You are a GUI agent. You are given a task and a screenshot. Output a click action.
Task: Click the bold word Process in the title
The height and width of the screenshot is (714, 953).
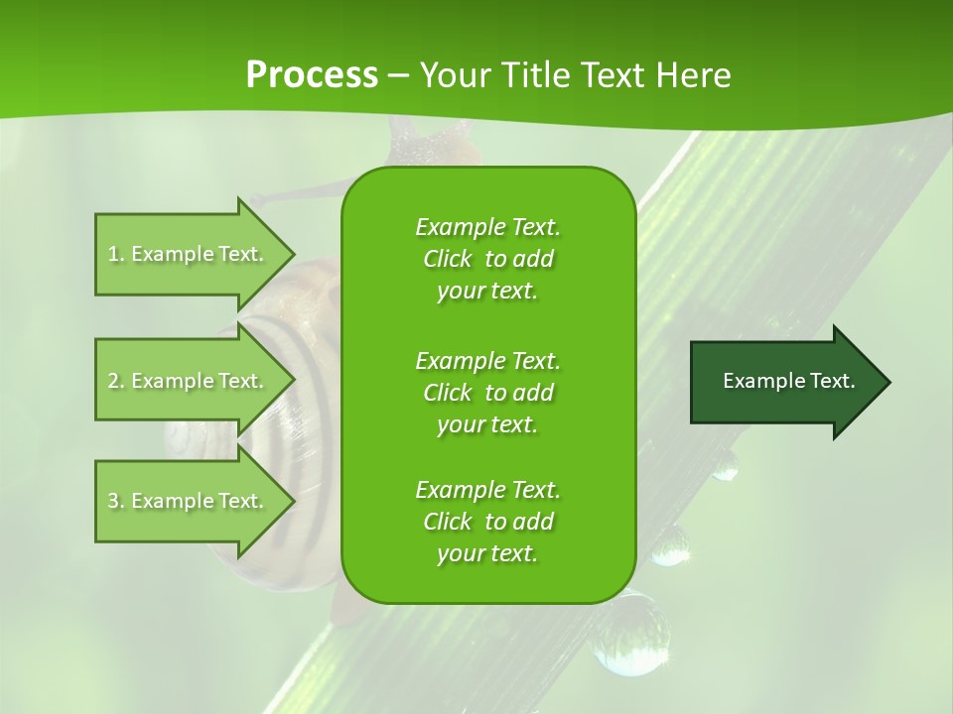coord(312,74)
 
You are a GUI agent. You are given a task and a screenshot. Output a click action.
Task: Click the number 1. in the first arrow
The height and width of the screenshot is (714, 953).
coord(116,254)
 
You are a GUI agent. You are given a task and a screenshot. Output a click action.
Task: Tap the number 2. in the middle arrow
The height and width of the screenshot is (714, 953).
coord(116,381)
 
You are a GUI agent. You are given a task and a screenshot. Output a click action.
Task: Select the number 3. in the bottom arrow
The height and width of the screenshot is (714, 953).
coord(116,501)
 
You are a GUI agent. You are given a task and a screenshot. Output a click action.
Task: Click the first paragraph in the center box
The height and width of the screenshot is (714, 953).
coord(487,259)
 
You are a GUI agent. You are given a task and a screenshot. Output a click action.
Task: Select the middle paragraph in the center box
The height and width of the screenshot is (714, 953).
coord(487,392)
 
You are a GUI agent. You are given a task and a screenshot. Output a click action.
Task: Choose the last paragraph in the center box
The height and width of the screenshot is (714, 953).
coord(487,522)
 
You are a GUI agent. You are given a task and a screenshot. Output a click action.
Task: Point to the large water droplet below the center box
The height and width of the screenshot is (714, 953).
coord(625,635)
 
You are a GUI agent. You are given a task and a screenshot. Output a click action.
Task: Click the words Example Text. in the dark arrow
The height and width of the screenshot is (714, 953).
coord(789,381)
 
